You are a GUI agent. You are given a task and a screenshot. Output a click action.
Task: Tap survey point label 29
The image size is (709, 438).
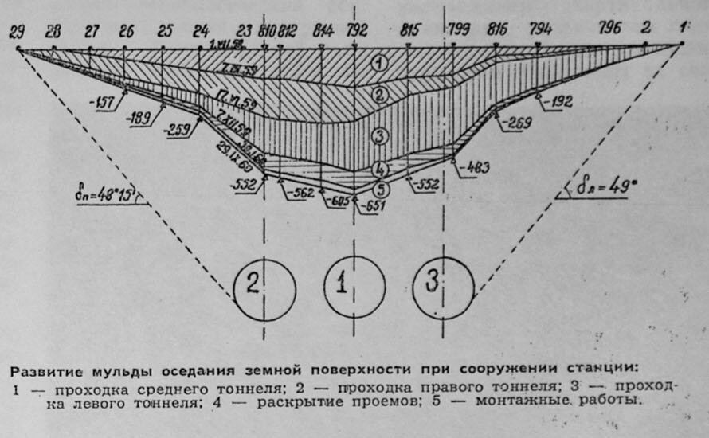click(x=16, y=32)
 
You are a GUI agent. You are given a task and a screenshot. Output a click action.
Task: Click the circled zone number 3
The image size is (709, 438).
click(x=380, y=136)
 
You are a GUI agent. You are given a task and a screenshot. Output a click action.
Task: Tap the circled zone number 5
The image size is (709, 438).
click(x=381, y=190)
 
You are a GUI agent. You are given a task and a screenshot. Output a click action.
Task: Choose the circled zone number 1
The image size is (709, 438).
click(x=380, y=63)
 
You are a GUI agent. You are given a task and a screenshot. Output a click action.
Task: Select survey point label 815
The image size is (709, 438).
click(x=409, y=32)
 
